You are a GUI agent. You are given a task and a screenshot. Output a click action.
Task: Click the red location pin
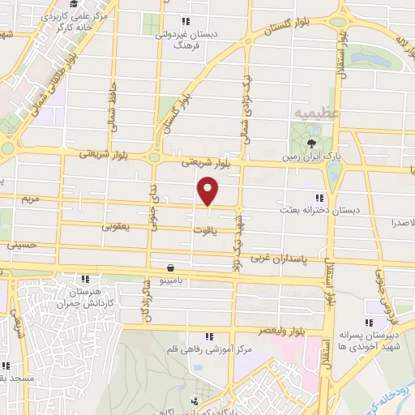point(209,190)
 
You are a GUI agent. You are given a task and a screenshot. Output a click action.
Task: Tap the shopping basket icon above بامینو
point(171,267)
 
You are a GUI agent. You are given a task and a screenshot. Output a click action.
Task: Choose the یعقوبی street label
point(114,228)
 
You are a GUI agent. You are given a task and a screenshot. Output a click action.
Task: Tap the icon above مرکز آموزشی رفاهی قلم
point(209,336)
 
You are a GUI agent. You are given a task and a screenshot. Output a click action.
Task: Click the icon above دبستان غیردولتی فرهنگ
point(186,21)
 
